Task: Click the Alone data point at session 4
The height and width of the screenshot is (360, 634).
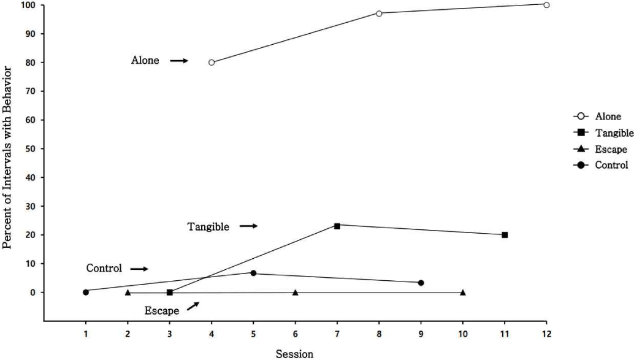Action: [x=212, y=62]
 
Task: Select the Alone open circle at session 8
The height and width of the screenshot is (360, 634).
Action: [x=379, y=13]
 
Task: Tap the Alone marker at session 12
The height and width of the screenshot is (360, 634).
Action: [x=546, y=4]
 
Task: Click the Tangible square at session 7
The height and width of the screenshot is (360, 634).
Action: [x=337, y=226]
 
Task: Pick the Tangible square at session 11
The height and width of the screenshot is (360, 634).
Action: [x=505, y=235]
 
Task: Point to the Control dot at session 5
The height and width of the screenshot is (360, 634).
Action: [x=253, y=273]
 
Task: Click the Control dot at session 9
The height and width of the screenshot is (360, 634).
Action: [x=421, y=283]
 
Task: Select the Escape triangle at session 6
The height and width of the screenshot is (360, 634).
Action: [x=296, y=293]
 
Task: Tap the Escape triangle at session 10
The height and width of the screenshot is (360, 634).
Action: [x=463, y=293]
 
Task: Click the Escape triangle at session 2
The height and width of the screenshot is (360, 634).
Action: [x=128, y=293]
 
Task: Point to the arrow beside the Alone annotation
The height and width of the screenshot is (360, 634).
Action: [x=178, y=61]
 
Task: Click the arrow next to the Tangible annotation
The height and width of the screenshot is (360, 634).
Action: [x=248, y=226]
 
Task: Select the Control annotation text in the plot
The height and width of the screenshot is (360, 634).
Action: [x=104, y=269]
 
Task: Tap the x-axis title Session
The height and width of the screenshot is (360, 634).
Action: [x=295, y=353]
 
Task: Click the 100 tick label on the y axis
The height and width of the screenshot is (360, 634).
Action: [x=28, y=5]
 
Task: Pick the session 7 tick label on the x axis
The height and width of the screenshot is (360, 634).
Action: [x=337, y=334]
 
